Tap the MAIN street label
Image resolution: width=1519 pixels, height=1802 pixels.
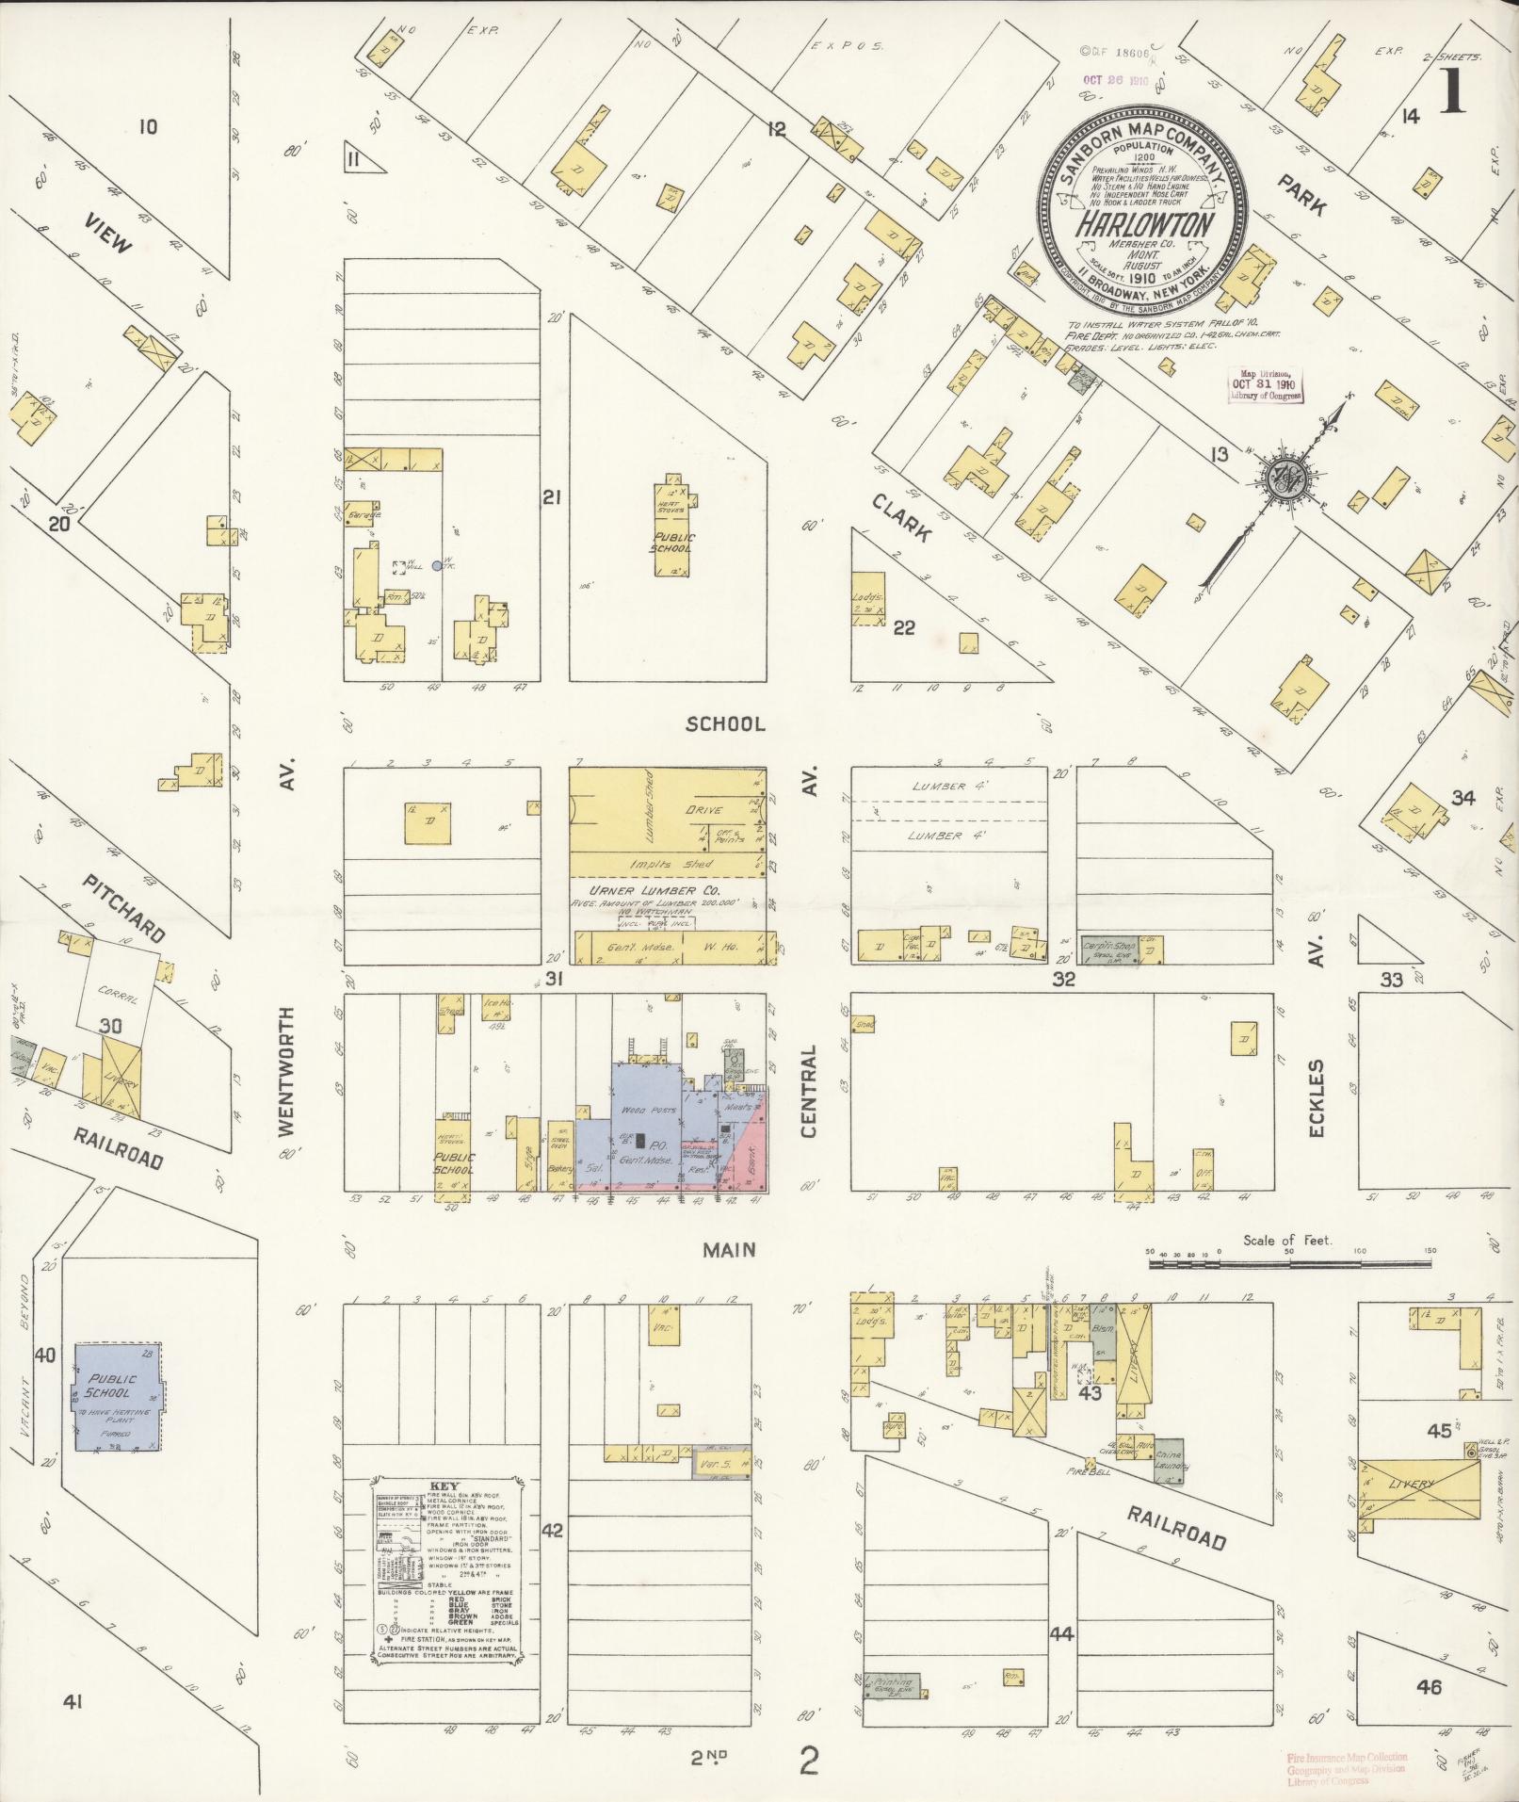point(730,1249)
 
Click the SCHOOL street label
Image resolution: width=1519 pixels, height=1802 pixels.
point(725,723)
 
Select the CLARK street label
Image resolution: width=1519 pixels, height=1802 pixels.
point(901,517)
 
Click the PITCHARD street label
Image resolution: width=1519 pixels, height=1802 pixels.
point(122,909)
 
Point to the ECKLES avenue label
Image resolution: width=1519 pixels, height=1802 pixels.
point(1317,1097)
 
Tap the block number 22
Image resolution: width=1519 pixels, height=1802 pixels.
point(903,628)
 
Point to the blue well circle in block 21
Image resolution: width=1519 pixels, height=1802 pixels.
point(436,565)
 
